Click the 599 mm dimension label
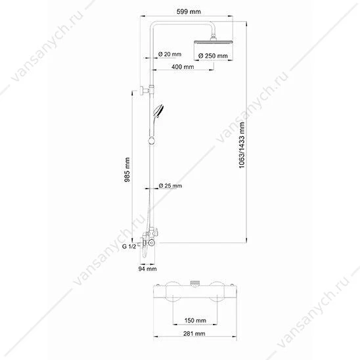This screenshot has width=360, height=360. (189, 11)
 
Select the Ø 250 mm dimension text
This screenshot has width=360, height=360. (213, 56)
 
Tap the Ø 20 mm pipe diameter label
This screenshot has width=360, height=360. (169, 54)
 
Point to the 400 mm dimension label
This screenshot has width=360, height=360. (183, 67)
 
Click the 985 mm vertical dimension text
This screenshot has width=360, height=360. (127, 169)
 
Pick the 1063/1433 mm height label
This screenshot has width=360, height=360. (242, 145)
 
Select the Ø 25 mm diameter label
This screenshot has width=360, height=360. (170, 185)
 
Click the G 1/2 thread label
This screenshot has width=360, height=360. (129, 246)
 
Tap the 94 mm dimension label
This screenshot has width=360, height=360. (148, 269)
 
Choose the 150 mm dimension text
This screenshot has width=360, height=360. (195, 321)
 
